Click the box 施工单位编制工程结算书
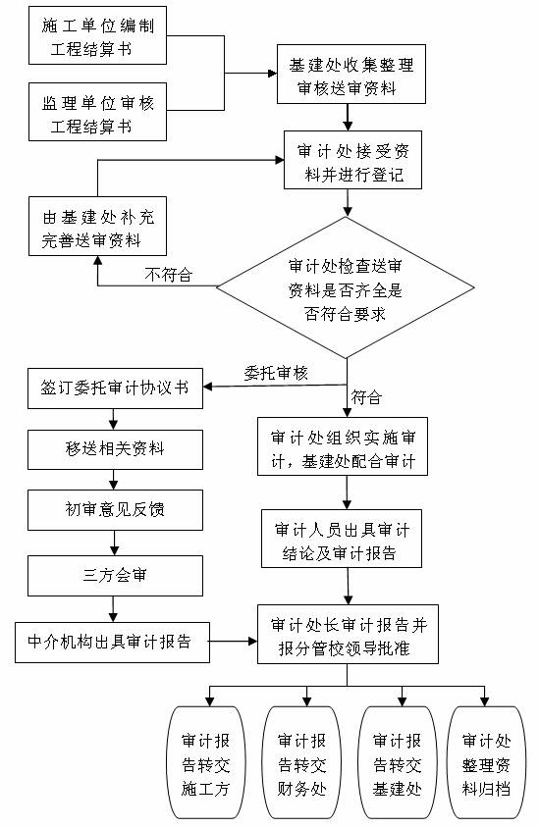98,35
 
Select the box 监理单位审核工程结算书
98,112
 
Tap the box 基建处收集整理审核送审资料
351,74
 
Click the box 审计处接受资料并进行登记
353,160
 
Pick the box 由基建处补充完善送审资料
98,227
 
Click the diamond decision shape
346,287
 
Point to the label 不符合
169,275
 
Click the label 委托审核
276,374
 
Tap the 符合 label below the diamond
366,397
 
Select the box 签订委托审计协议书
115,388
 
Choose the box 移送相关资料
115,449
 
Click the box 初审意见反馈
115,510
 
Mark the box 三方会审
115,576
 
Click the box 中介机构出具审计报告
113,643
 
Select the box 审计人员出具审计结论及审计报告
342,539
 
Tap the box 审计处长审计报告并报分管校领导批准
349,634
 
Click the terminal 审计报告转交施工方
206,763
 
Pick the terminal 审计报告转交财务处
301,763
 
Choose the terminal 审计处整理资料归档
487,763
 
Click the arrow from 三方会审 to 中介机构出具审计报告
114,609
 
